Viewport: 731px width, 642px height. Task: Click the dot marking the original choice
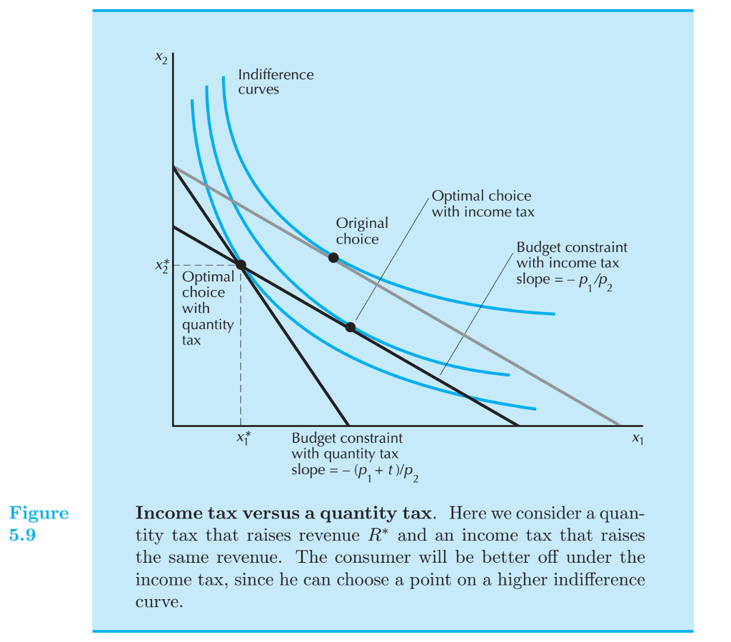pos(333,257)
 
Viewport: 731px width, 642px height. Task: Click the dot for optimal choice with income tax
pos(351,327)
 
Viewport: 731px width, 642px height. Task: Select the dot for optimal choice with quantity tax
pos(241,265)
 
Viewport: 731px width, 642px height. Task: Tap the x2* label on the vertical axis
pos(161,266)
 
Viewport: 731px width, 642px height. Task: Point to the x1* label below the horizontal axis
pos(243,438)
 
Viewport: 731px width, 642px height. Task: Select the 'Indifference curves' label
pos(275,82)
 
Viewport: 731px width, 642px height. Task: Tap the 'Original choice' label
pos(362,231)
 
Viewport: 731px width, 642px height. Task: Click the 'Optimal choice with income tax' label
pos(483,204)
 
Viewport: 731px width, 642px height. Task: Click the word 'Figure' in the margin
pos(39,513)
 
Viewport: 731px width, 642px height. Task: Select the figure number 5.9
pos(23,534)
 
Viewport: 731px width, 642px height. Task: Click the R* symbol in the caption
pos(388,535)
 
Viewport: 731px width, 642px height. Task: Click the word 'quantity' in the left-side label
pos(207,324)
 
